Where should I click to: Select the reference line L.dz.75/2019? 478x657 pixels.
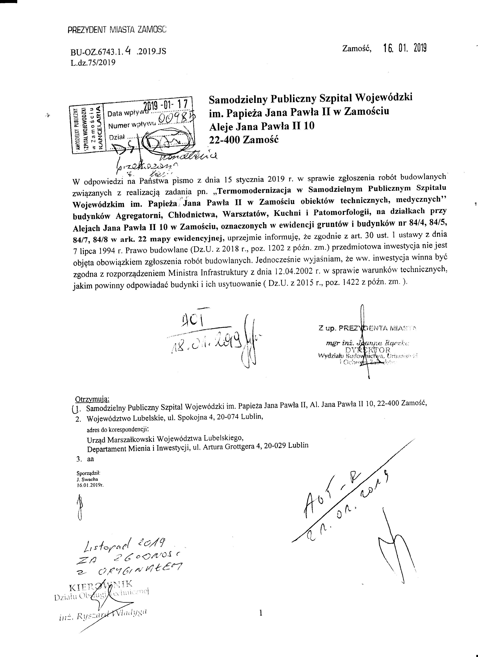93,63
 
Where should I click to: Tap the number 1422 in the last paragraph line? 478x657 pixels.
362,283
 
